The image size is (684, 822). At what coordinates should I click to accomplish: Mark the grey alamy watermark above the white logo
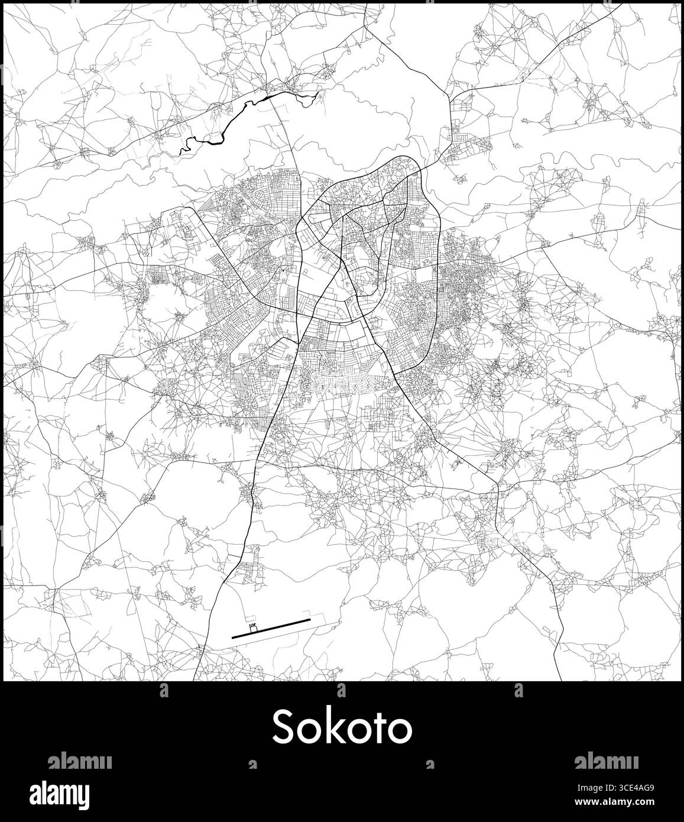[x=79, y=760]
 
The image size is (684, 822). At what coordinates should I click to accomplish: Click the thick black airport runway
[x=271, y=628]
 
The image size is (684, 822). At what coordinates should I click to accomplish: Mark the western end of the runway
[x=234, y=636]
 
